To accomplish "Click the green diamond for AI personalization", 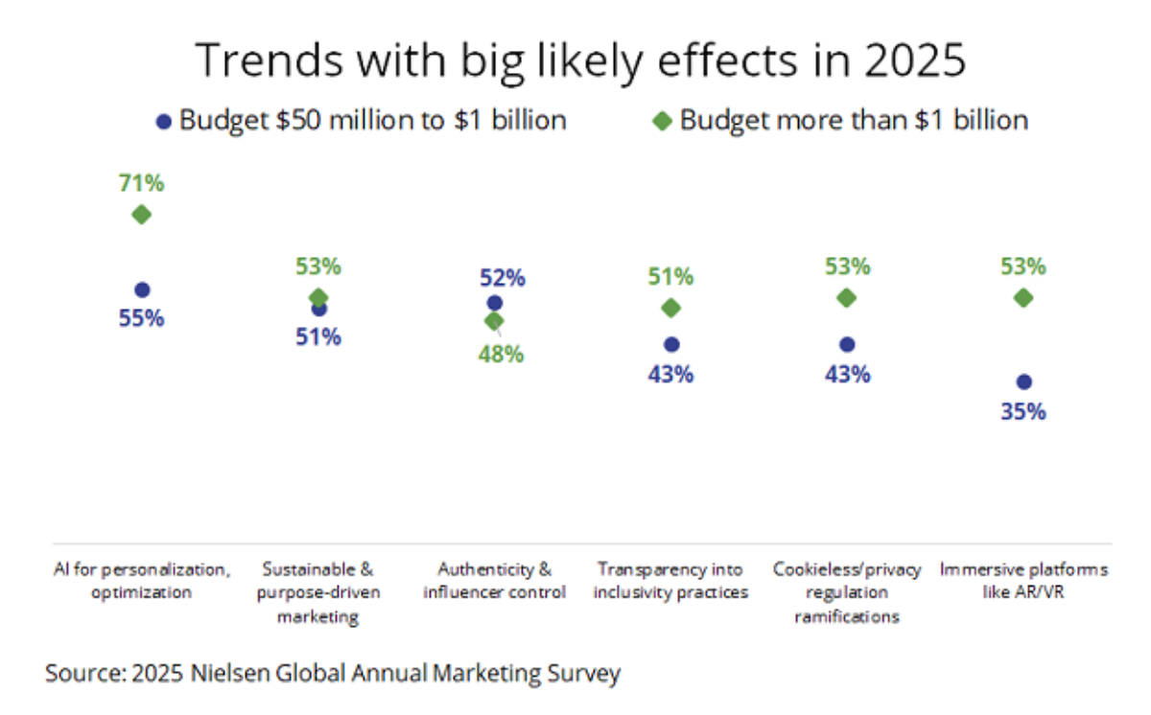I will (x=142, y=214).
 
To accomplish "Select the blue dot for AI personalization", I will (x=142, y=289).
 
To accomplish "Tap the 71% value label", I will (x=142, y=183).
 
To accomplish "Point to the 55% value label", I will (x=142, y=319).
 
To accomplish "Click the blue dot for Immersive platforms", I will (x=1023, y=381).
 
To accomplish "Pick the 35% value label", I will (x=1023, y=412).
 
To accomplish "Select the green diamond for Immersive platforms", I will (x=1023, y=298).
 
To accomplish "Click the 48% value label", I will (x=502, y=354).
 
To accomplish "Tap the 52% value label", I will (x=502, y=278).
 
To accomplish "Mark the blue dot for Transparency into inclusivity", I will (x=671, y=344).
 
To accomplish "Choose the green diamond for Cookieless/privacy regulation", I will (x=846, y=298).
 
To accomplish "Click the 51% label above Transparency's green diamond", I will (x=670, y=277).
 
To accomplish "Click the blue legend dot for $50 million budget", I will (x=164, y=122).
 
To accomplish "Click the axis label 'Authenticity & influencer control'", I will (x=494, y=581).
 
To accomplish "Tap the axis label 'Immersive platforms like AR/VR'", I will (x=1023, y=581).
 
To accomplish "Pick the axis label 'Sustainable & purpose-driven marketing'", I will (x=318, y=592).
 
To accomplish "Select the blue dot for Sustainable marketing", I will (x=319, y=309).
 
